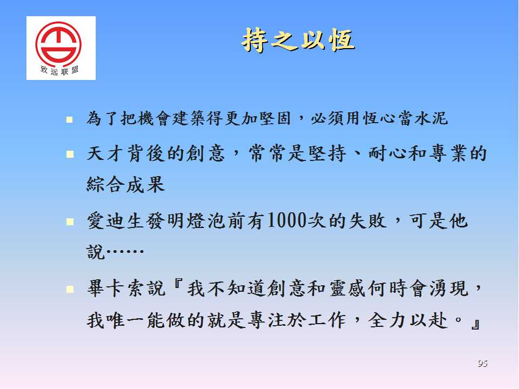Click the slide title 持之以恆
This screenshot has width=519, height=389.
298,40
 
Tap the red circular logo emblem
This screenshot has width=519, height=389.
58,43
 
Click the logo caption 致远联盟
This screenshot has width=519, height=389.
59,70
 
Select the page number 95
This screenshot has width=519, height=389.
483,363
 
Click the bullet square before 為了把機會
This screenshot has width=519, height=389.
70,119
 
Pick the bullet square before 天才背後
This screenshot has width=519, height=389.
70,154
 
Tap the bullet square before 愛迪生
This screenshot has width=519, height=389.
70,222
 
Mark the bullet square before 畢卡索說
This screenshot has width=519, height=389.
70,290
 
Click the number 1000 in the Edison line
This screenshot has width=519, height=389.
287,220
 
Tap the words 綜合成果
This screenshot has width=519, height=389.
126,184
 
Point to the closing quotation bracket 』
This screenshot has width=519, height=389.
475,325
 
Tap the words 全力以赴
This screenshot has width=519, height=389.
408,320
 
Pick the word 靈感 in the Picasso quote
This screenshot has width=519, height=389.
348,289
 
